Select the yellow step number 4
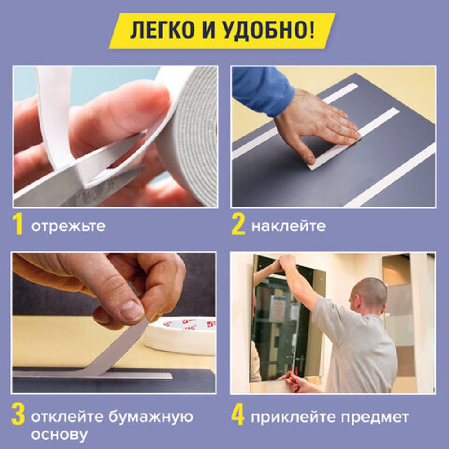[x=238, y=416]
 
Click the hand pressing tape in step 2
[x=319, y=126]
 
